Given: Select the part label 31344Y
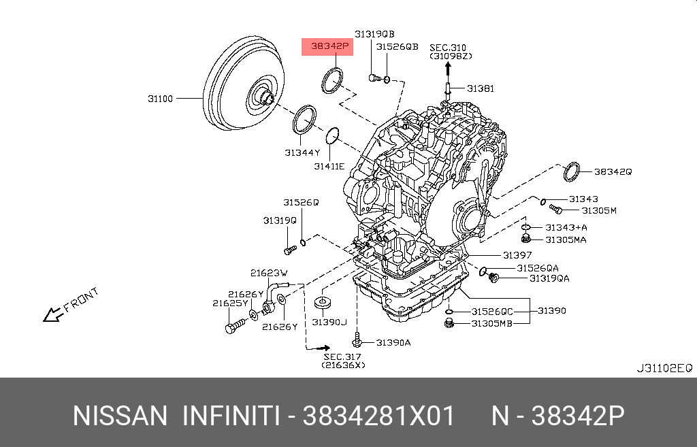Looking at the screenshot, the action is [x=302, y=152].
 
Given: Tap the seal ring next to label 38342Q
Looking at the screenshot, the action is [x=572, y=172].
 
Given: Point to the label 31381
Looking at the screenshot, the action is [x=481, y=88].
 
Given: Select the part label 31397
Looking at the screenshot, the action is [x=517, y=255].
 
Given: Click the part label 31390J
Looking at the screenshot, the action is [x=329, y=321].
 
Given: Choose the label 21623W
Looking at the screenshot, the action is [x=269, y=273].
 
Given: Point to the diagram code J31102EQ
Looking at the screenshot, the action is [x=664, y=368].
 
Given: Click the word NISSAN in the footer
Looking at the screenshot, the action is [x=119, y=415].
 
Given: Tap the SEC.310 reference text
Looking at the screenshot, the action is [x=448, y=47].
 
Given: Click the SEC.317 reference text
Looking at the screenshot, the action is [x=342, y=357].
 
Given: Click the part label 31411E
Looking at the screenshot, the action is [x=329, y=166].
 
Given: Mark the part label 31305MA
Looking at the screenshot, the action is [x=566, y=239].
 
